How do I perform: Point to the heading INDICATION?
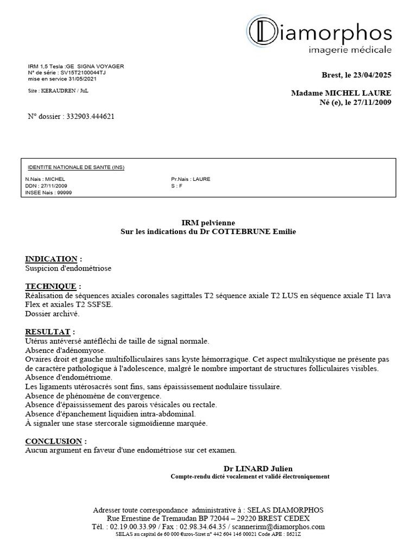pyautogui.click(x=52, y=259)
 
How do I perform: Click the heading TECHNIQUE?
pyautogui.click(x=52, y=286)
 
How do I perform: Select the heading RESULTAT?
pyautogui.click(x=48, y=332)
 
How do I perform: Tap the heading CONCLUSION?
pyautogui.click(x=54, y=441)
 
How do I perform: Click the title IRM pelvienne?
pyautogui.click(x=208, y=223)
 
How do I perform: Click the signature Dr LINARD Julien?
pyautogui.click(x=258, y=469)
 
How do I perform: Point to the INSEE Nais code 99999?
pyautogui.click(x=64, y=192)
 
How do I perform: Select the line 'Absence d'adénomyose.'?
pyautogui.click(x=60, y=351)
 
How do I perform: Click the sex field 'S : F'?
pyautogui.click(x=176, y=186)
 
